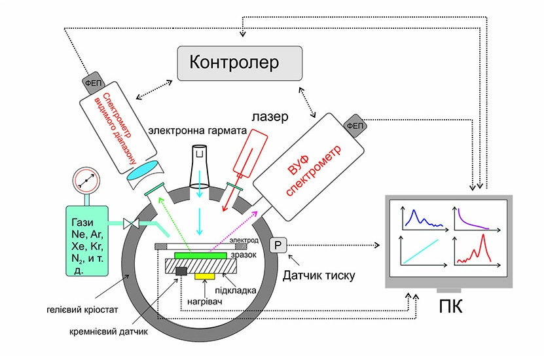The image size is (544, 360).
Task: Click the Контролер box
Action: click(240, 63)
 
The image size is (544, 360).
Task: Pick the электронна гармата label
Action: click(197, 130)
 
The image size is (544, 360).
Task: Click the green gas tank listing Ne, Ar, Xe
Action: click(86, 242)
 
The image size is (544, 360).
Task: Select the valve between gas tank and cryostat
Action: click(129, 224)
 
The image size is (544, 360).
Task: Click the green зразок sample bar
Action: click(200, 254)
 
